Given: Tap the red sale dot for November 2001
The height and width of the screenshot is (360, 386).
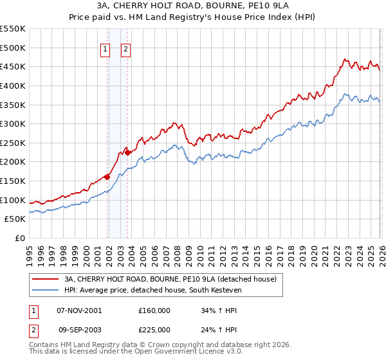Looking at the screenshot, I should pyautogui.click(x=107, y=177).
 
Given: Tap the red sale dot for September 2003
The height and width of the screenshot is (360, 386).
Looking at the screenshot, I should pyautogui.click(x=127, y=152).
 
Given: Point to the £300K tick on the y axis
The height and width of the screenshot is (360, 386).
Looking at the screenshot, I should pyautogui.click(x=14, y=123).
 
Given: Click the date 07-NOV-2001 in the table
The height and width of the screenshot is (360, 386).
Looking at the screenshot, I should pyautogui.click(x=79, y=310).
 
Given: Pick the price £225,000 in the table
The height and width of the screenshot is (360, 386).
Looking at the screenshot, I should pyautogui.click(x=154, y=329).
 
